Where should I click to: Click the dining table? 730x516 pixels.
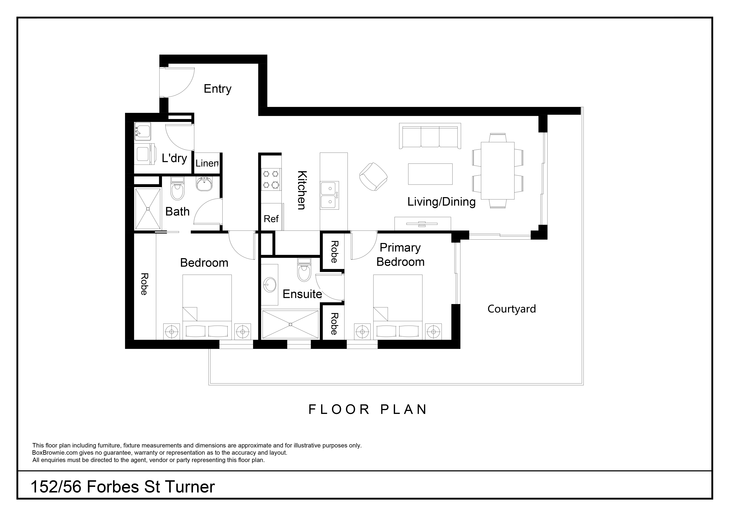tap(498, 170)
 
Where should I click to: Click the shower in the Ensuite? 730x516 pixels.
tap(290, 324)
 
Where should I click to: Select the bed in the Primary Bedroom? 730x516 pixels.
tap(397, 307)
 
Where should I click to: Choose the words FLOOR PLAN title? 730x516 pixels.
tap(368, 410)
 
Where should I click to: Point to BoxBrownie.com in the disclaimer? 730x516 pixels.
tap(55, 453)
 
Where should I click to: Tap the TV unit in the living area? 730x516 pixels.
tap(422, 223)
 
